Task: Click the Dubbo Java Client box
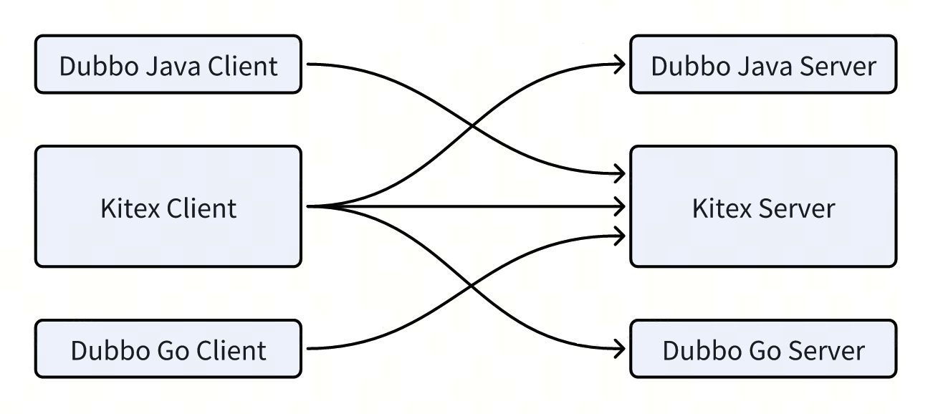pyautogui.click(x=168, y=64)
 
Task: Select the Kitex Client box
pyautogui.click(x=168, y=207)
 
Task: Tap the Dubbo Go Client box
pyautogui.click(x=168, y=349)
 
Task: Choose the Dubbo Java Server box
pyautogui.click(x=762, y=64)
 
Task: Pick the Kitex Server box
pyautogui.click(x=762, y=207)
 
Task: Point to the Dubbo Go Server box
pyautogui.click(x=762, y=349)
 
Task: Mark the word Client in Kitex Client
pyautogui.click(x=201, y=208)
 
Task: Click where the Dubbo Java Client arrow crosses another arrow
pyautogui.click(x=471, y=127)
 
